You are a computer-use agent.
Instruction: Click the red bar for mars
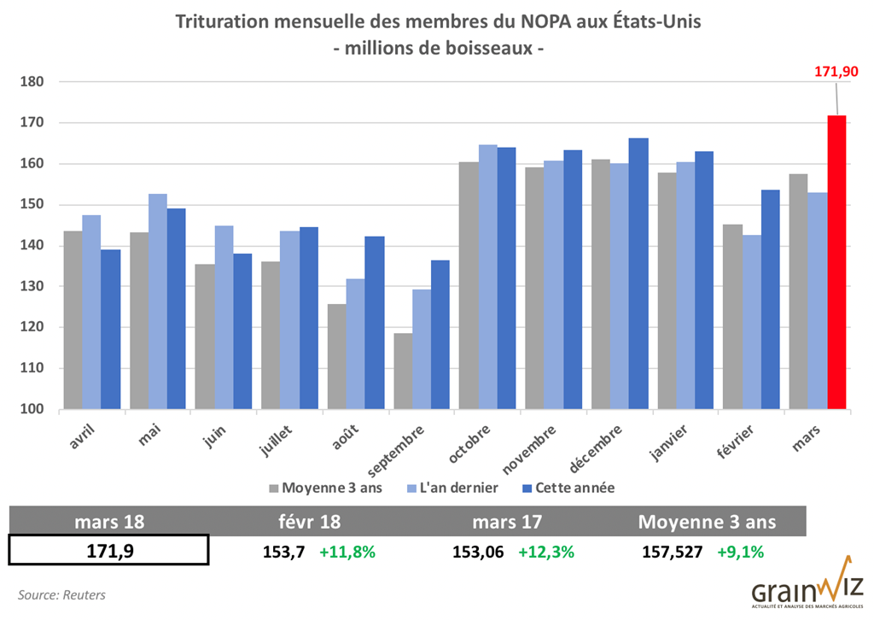point(836,262)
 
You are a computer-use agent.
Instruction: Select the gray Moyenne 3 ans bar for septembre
point(402,371)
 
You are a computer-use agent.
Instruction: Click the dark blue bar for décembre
point(638,274)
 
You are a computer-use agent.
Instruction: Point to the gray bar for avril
point(72,320)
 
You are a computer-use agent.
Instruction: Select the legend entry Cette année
point(568,488)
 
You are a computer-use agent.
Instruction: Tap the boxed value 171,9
point(108,551)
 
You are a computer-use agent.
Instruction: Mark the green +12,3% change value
point(545,552)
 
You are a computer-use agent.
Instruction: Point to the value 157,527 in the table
point(672,552)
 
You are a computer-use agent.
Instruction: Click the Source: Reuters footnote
point(62,594)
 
